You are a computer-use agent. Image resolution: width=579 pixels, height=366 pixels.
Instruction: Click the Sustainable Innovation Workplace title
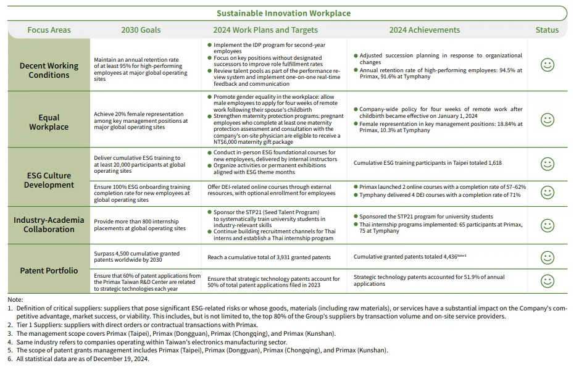[283, 13]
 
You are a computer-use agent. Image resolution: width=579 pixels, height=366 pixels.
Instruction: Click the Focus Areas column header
[49, 30]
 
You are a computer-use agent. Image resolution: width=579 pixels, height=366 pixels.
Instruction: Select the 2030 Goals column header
[141, 30]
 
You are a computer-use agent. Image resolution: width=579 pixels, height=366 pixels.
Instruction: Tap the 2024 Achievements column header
[424, 30]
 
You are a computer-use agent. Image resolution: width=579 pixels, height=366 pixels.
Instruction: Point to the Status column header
[547, 30]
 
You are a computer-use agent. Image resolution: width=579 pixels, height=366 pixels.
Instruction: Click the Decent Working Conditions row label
[49, 70]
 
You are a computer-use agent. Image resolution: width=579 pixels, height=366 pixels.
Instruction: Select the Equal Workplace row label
[49, 122]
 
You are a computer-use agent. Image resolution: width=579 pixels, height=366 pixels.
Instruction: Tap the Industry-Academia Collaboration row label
[49, 224]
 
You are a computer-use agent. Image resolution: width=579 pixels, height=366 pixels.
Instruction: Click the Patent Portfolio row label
[49, 270]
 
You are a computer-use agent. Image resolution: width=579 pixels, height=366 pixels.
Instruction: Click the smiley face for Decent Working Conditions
[547, 65]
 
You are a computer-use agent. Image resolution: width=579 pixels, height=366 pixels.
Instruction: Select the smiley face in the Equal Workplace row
[547, 119]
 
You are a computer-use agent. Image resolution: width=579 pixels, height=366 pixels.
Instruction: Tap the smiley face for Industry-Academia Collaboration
[547, 224]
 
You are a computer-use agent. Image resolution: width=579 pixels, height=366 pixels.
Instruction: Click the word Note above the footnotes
[15, 299]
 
